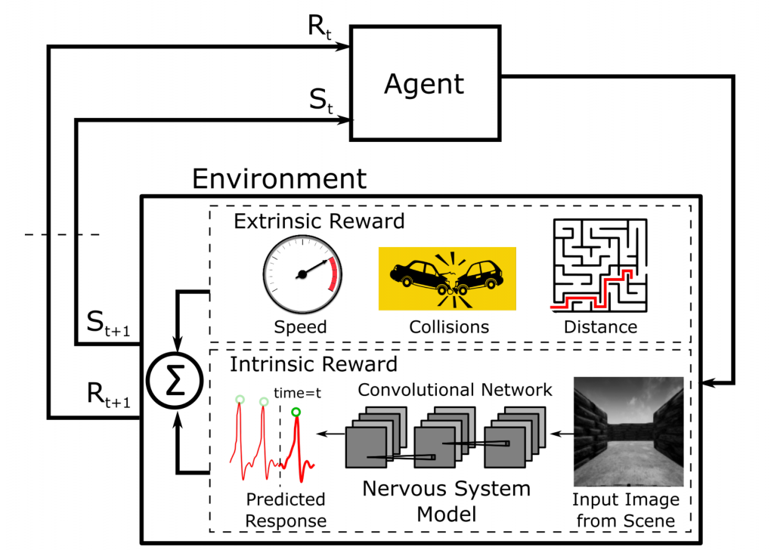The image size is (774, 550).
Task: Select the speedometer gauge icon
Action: tap(302, 273)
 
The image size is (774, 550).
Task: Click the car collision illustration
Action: tap(447, 279)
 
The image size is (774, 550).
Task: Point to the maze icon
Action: tap(600, 266)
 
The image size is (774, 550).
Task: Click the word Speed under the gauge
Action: tap(301, 327)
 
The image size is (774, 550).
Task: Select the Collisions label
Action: tap(449, 327)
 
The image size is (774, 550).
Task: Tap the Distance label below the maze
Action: tap(600, 327)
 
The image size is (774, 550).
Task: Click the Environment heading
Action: tap(278, 179)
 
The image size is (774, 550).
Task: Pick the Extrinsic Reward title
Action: tap(319, 221)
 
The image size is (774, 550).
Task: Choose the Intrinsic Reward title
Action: tap(314, 365)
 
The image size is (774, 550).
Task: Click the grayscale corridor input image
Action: tap(628, 431)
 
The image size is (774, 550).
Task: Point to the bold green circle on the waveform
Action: tap(296, 412)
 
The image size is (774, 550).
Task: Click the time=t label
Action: tap(298, 393)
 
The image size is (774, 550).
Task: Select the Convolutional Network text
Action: tap(454, 390)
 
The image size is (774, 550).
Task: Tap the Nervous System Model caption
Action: tap(446, 500)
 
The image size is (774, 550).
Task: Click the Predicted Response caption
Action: tap(286, 510)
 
